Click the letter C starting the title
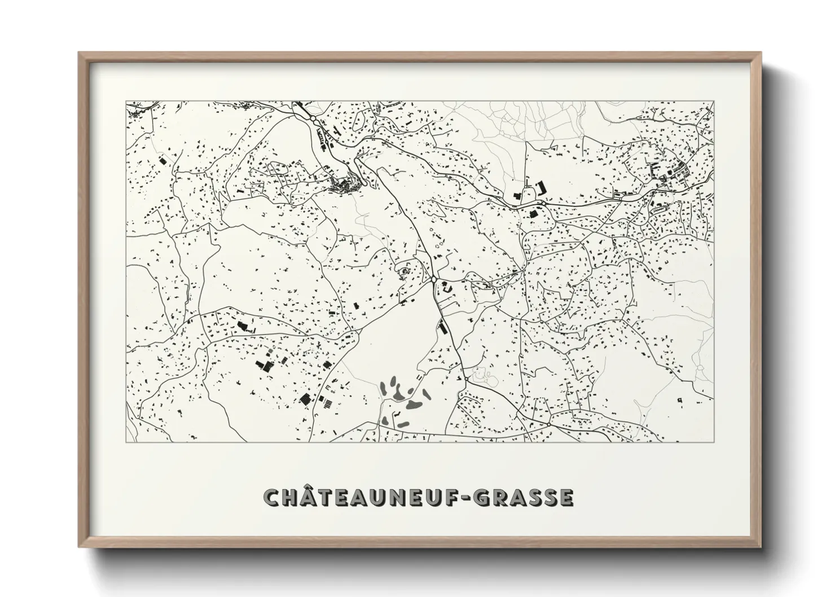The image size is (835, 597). click(x=274, y=497)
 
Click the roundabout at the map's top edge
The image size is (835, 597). click(x=313, y=120)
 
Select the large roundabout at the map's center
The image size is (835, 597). click(x=433, y=279)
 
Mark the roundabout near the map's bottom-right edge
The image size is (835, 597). click(x=549, y=424)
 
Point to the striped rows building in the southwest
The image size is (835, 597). click(x=327, y=402)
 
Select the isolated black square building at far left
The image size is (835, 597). click(x=164, y=160)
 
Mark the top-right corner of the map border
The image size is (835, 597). click(x=713, y=102)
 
